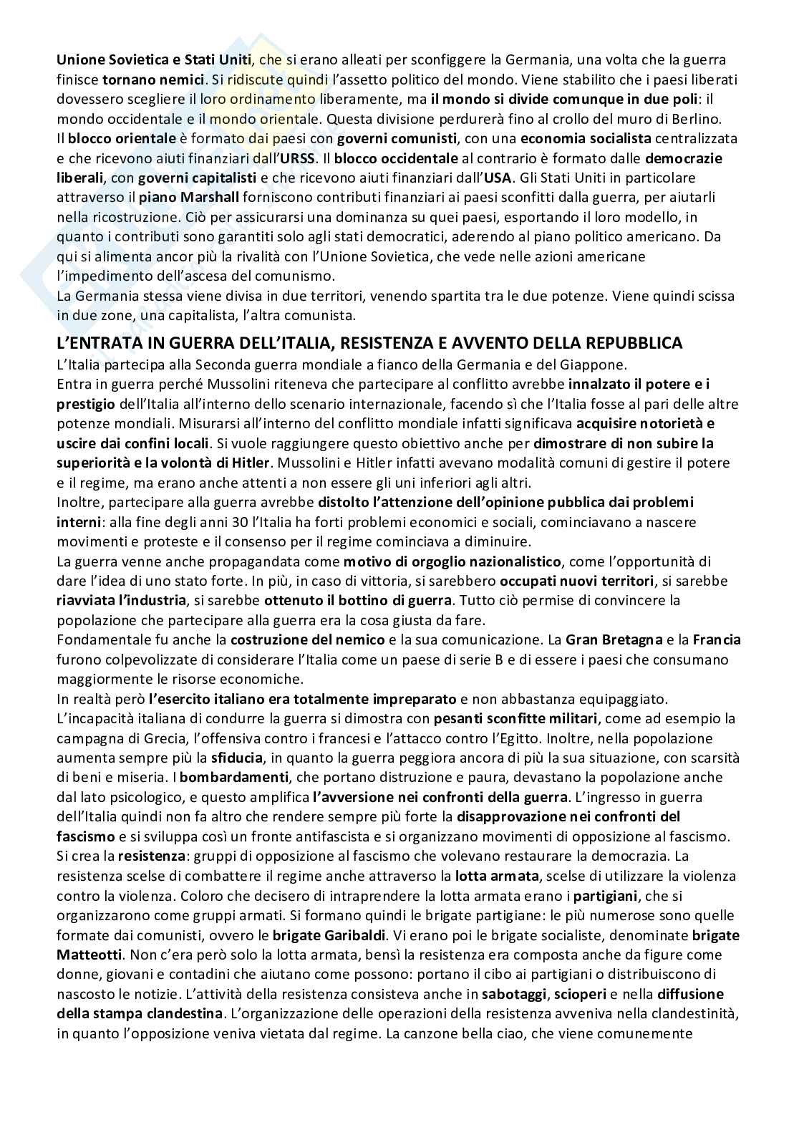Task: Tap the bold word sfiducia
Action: [x=236, y=757]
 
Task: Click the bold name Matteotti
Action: [x=91, y=954]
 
